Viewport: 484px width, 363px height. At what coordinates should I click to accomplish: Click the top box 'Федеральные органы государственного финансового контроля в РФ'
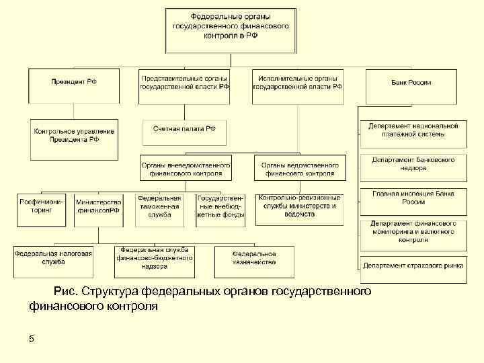[231, 30]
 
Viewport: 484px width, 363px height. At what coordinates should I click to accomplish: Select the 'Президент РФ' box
[74, 83]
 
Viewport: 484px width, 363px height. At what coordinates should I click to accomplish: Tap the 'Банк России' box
[411, 83]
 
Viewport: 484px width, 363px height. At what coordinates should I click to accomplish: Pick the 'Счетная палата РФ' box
[184, 128]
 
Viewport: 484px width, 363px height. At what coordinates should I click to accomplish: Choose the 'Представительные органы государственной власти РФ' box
[185, 83]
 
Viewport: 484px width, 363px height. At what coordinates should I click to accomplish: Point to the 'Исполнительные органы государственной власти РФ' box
[299, 83]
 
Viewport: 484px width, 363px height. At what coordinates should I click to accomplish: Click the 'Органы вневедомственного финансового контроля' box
[186, 168]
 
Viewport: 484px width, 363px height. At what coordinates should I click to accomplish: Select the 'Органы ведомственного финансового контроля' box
[300, 168]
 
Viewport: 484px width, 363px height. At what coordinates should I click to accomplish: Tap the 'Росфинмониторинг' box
[41, 206]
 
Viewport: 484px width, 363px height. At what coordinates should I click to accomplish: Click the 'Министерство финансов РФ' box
[98, 206]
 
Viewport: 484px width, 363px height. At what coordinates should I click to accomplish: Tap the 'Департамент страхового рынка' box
[413, 265]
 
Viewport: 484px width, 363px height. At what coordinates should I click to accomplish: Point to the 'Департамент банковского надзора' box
[413, 165]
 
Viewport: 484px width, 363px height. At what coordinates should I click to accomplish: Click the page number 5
[32, 338]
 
